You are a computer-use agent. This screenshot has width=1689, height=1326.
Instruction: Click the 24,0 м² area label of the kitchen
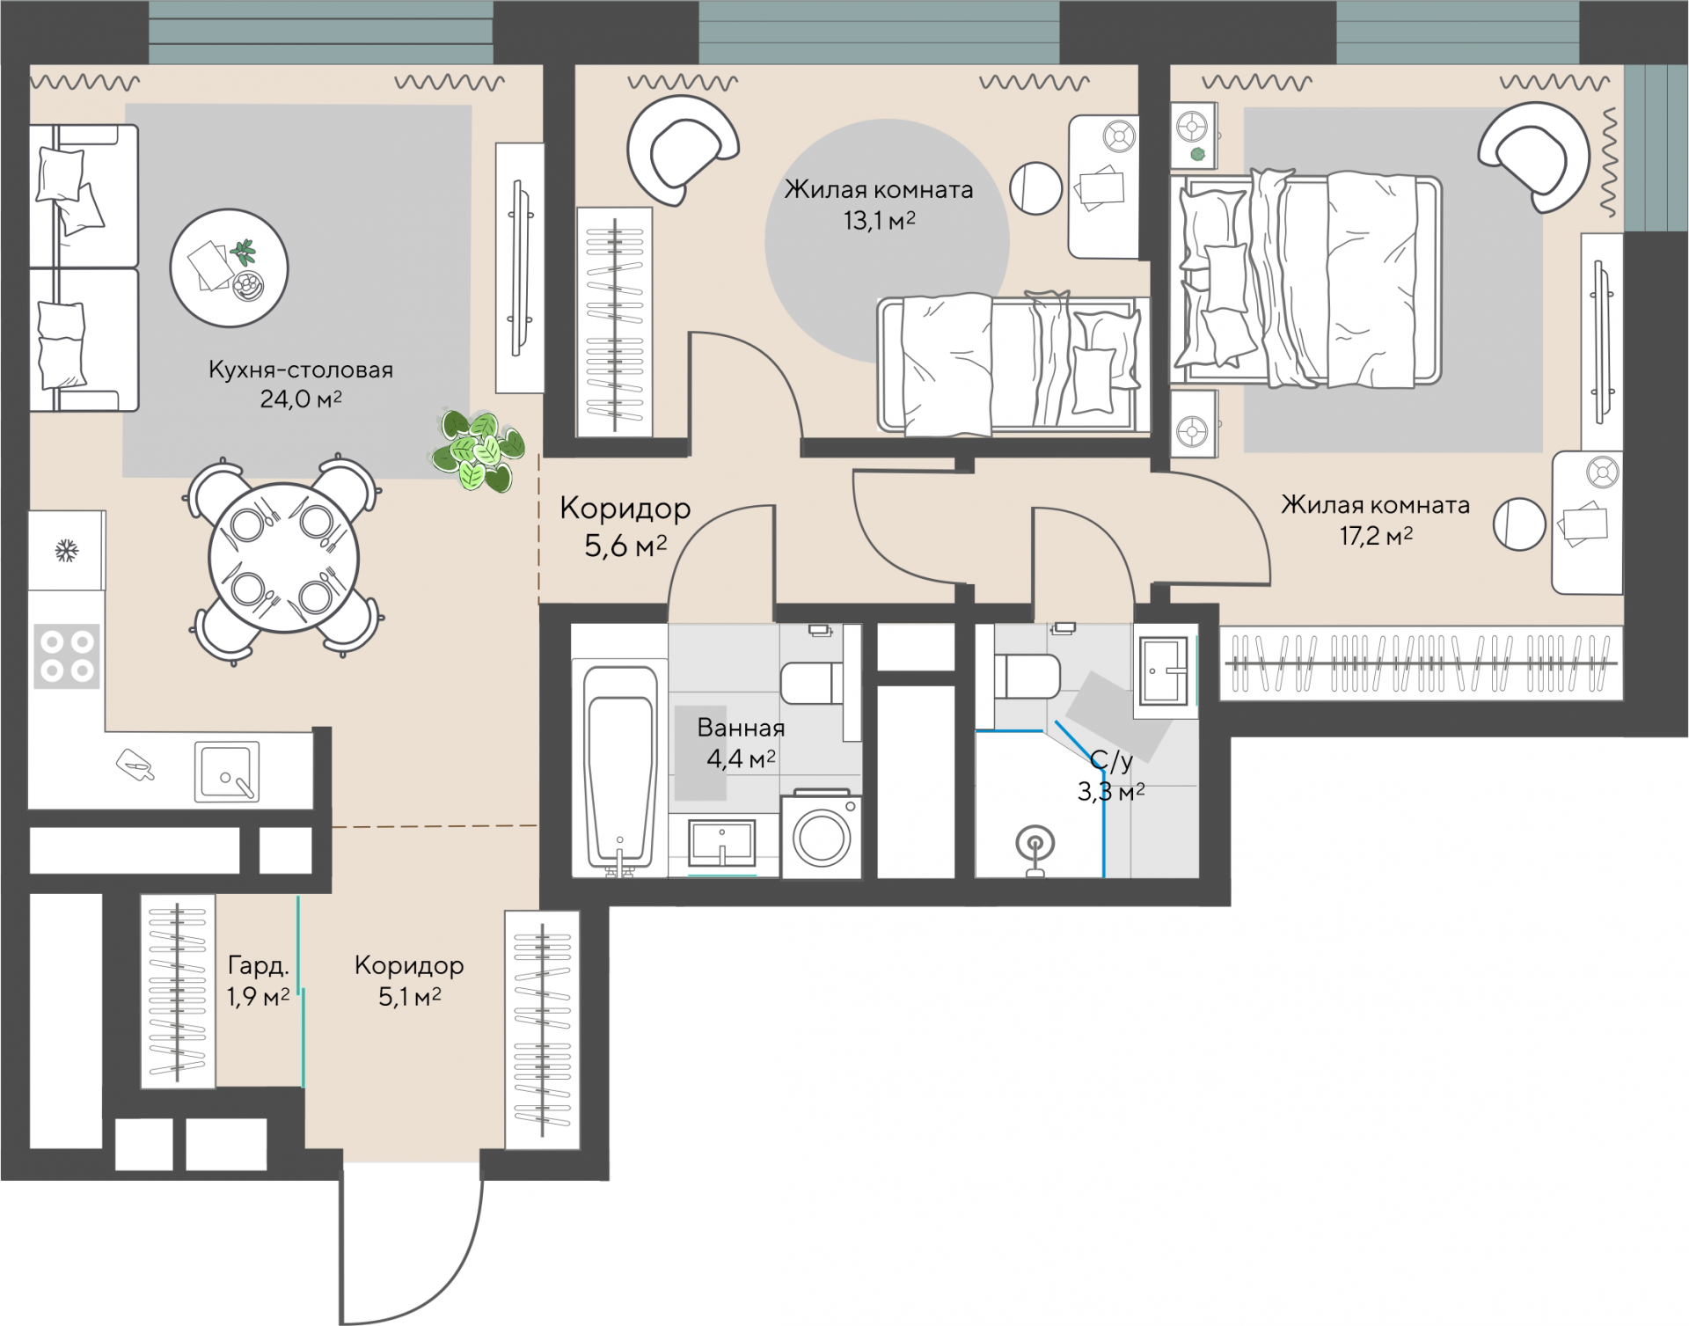click(301, 399)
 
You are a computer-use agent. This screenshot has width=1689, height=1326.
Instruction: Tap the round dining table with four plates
click(283, 558)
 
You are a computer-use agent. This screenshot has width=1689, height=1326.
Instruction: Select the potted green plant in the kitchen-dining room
click(479, 451)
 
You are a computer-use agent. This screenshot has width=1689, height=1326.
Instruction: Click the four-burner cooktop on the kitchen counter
click(67, 656)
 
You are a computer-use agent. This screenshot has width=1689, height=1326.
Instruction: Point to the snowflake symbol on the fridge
click(67, 552)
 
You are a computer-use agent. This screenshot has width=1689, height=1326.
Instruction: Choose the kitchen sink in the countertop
click(227, 772)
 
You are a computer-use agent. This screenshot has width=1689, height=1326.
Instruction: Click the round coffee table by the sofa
click(229, 267)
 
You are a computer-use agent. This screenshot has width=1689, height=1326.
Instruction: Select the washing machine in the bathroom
click(822, 835)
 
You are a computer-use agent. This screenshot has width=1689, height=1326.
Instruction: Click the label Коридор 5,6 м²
click(625, 527)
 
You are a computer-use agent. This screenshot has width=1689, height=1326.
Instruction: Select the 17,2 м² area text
click(1376, 535)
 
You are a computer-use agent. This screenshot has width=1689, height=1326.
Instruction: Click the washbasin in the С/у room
click(1165, 671)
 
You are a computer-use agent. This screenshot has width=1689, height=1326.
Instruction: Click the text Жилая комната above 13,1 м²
click(879, 189)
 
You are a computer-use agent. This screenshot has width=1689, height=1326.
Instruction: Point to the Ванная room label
click(741, 728)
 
